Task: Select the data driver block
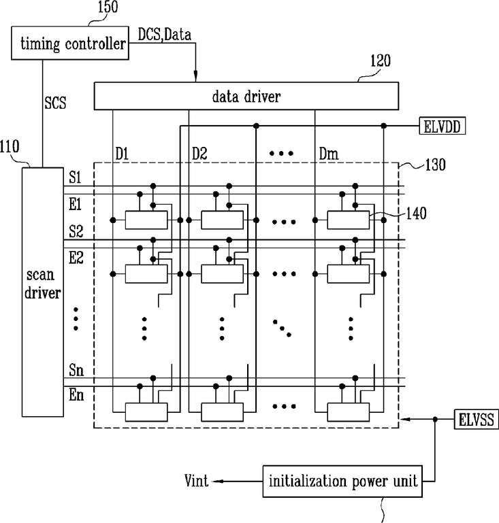pos(246,96)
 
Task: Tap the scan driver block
pos(43,292)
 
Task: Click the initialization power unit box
pos(342,482)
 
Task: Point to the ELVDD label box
pos(442,126)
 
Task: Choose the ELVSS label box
pos(477,419)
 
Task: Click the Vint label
pos(196,481)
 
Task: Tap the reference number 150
pos(108,7)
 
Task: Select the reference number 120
pos(381,61)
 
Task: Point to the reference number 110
pos(10,147)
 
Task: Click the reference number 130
pos(435,165)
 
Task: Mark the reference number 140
pos(416,214)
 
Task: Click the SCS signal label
pos(55,103)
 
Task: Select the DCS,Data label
pos(165,35)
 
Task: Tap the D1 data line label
pos(122,154)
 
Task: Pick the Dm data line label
pos(329,154)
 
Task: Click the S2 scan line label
pos(76,231)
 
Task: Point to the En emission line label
pos(76,395)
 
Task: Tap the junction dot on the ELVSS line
pos(435,419)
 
